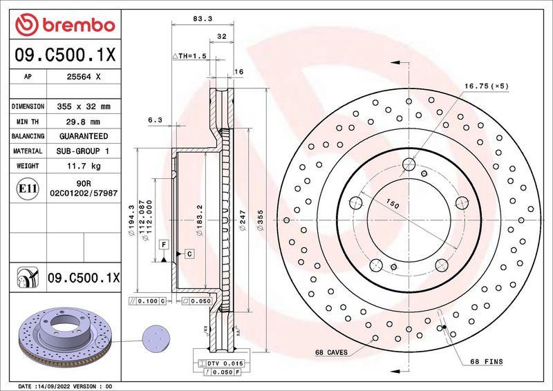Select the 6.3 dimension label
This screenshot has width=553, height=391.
[155, 120]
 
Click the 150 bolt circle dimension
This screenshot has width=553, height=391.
[393, 205]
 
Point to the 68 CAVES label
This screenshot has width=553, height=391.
[332, 352]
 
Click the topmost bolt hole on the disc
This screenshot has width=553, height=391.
[409, 164]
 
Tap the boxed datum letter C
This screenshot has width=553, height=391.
[189, 254]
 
